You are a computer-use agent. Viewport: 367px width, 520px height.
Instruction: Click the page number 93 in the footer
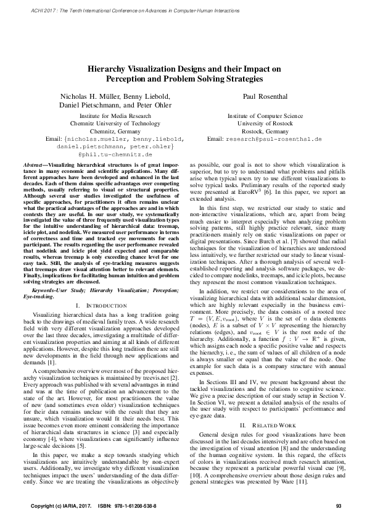tap(339, 506)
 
